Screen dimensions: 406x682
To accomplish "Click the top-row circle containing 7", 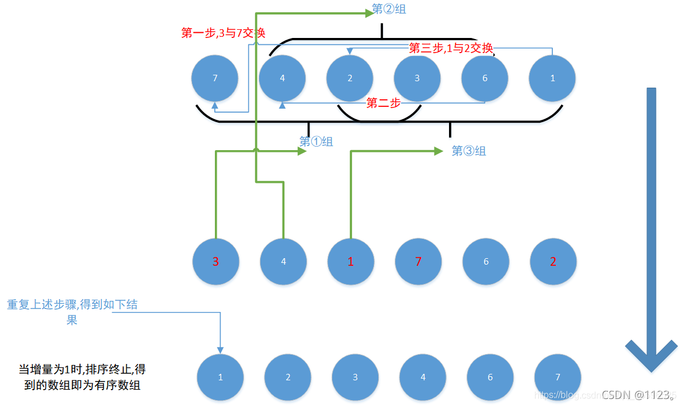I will (x=215, y=78).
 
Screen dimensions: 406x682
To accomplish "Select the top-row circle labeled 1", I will (x=552, y=78).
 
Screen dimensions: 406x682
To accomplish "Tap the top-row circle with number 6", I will (x=485, y=78).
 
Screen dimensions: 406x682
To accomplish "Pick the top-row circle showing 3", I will (x=417, y=78).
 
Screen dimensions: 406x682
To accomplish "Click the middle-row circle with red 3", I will (x=215, y=262).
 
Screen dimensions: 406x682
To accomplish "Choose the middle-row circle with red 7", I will (x=418, y=262).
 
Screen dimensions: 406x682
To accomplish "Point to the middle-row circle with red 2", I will (x=553, y=262).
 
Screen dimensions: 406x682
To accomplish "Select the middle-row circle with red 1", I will (x=350, y=262).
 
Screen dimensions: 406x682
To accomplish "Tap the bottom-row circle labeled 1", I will (x=220, y=377).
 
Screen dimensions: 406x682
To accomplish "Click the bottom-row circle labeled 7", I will (x=558, y=377).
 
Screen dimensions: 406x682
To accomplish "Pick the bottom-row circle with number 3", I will (x=355, y=377).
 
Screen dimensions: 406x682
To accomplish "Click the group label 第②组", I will (x=389, y=9).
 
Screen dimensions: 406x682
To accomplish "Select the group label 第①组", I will (x=316, y=141).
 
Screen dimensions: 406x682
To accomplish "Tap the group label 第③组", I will (x=469, y=151).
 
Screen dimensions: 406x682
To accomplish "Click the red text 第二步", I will (x=383, y=103).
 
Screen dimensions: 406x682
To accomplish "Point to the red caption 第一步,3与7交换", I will (x=223, y=33).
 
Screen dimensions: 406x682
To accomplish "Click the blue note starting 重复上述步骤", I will (x=72, y=312).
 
